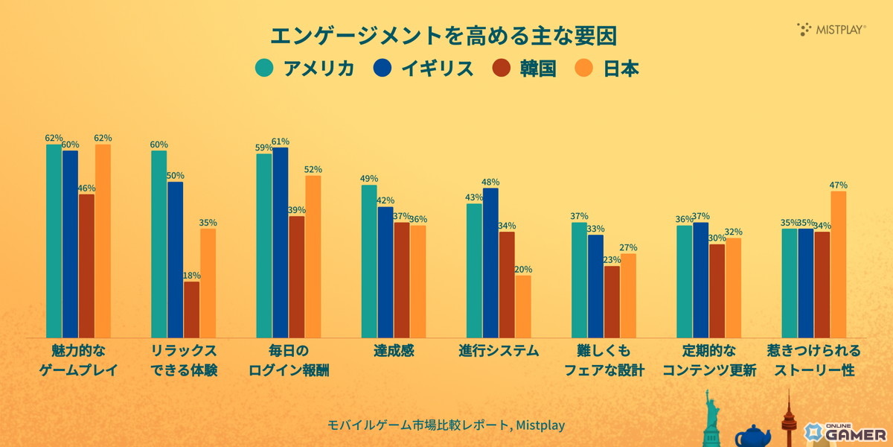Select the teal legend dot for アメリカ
(x=264, y=68)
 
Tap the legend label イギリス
(x=438, y=68)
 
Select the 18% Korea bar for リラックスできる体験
(x=192, y=309)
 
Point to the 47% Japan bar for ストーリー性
(x=838, y=264)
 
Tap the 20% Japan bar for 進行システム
(x=523, y=306)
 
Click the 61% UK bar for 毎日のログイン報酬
(x=281, y=242)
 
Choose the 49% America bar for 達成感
(x=369, y=261)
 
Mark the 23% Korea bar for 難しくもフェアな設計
(x=612, y=301)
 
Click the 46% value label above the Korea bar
(x=87, y=188)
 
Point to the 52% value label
(x=313, y=170)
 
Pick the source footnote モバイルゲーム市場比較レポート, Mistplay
(x=446, y=425)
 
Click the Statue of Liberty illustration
(x=712, y=421)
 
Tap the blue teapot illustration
(x=752, y=435)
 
